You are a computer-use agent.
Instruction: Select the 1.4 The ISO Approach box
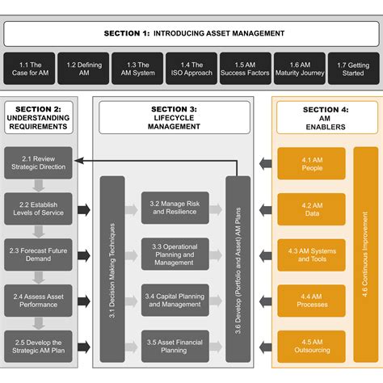pyautogui.click(x=191, y=69)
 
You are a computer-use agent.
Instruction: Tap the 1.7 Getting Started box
pyautogui.click(x=353, y=69)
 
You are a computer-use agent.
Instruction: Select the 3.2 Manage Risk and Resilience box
pyautogui.click(x=175, y=208)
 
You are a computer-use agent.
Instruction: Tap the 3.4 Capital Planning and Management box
pyautogui.click(x=175, y=300)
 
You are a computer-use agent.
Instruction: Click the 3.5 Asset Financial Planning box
pyautogui.click(x=175, y=346)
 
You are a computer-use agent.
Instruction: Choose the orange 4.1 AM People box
pyautogui.click(x=311, y=163)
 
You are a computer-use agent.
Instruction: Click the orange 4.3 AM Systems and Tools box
pyautogui.click(x=311, y=255)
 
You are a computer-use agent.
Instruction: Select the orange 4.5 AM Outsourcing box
pyautogui.click(x=311, y=346)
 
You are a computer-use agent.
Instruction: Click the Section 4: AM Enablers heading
pyautogui.click(x=326, y=117)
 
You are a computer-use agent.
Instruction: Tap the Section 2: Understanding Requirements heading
pyautogui.click(x=40, y=117)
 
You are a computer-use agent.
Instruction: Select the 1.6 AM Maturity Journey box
pyautogui.click(x=299, y=69)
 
